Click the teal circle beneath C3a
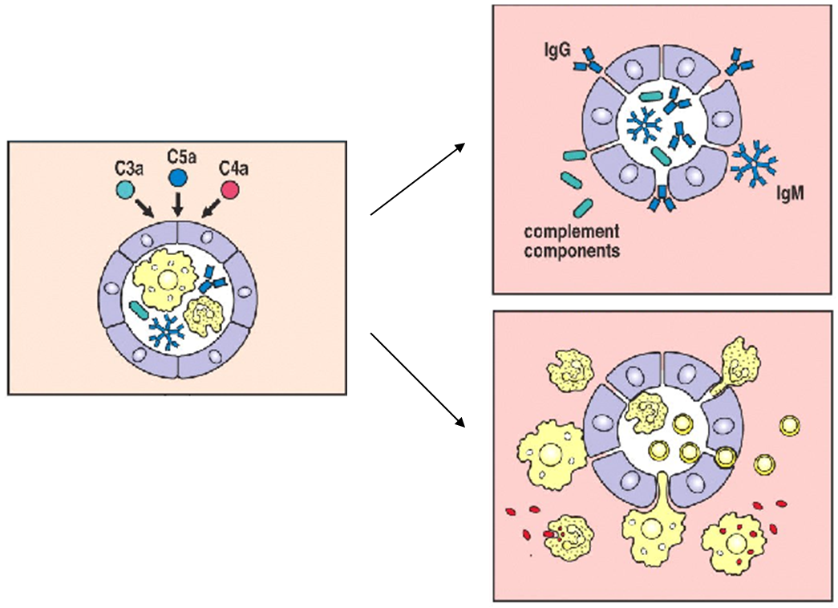click(x=124, y=189)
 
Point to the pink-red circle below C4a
click(x=232, y=190)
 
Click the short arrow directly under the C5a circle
click(x=178, y=203)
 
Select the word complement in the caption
click(x=571, y=233)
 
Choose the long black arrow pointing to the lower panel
click(x=417, y=379)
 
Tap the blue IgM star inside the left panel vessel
click(x=166, y=332)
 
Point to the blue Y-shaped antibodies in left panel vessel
click(x=213, y=278)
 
